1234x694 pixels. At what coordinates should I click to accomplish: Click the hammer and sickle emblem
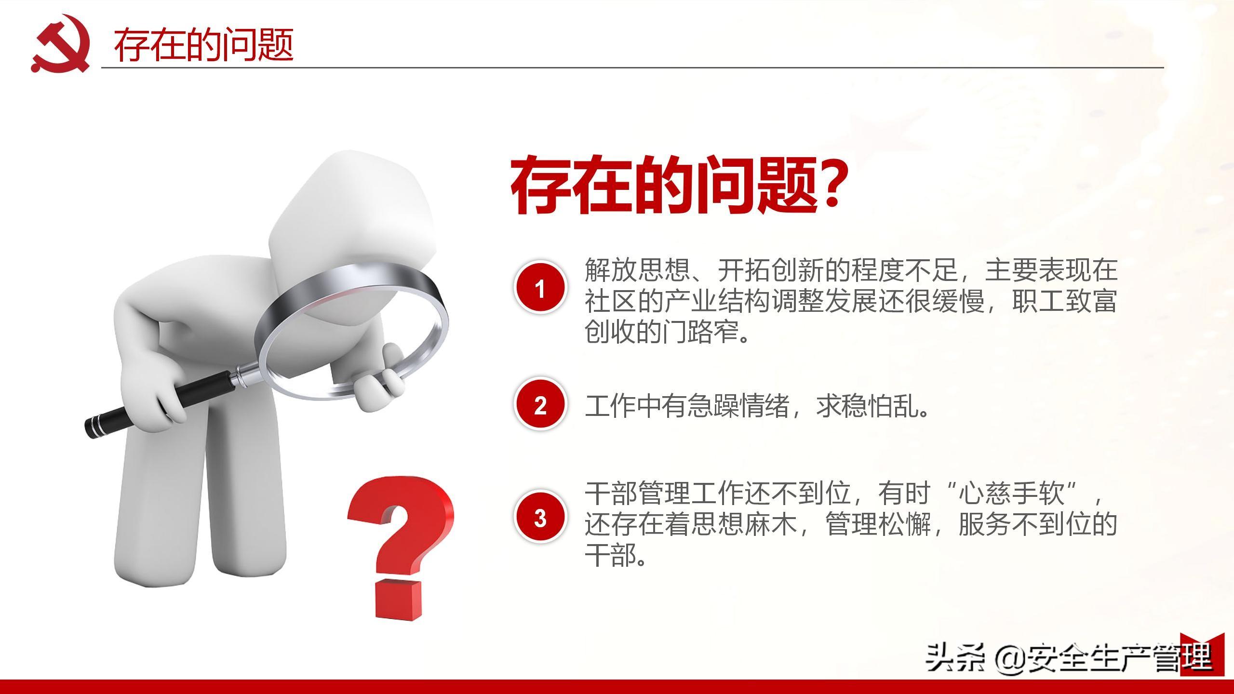[60, 44]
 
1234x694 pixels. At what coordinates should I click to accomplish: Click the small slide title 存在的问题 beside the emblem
[203, 45]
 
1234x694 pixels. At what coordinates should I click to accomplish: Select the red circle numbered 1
[540, 288]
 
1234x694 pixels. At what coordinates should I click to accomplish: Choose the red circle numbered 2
[540, 405]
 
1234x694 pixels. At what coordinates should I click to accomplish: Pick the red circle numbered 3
[540, 518]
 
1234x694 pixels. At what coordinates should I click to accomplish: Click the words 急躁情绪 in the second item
[743, 406]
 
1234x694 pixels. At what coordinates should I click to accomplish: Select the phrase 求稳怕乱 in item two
[869, 406]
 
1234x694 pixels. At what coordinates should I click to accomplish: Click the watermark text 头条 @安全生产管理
[1068, 658]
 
